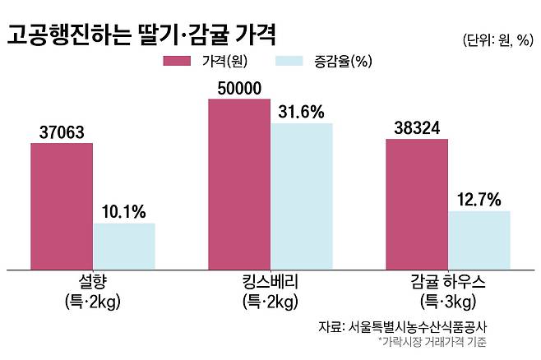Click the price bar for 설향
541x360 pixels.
62,205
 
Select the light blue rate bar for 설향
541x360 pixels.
124,246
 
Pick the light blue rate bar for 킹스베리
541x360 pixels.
302,196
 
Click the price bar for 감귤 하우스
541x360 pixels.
417,203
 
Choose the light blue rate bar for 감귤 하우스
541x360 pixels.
479,239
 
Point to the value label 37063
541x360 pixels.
62,132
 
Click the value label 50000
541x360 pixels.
239,88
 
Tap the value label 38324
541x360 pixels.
417,127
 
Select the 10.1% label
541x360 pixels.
124,212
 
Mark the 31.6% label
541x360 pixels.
302,112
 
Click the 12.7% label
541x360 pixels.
479,200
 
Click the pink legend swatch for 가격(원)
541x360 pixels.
178,61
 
